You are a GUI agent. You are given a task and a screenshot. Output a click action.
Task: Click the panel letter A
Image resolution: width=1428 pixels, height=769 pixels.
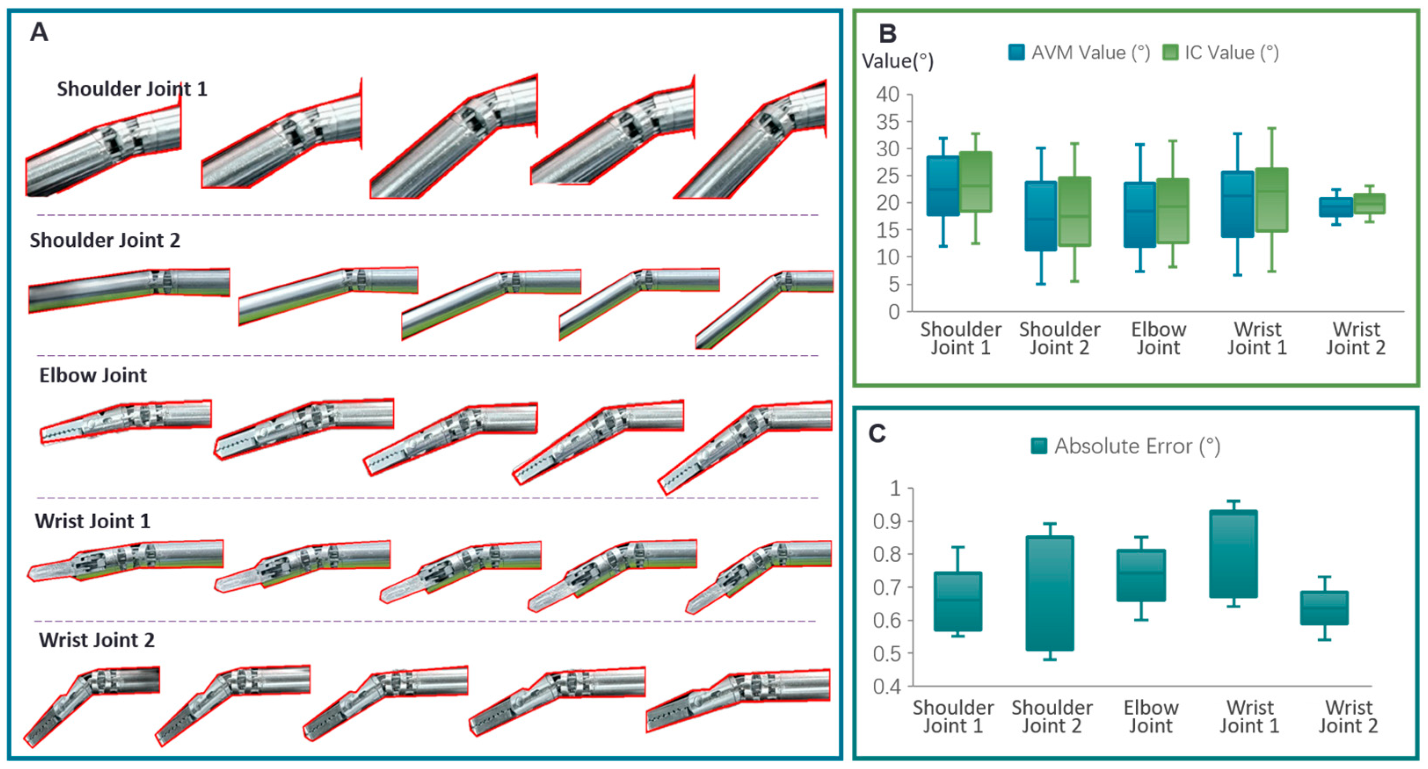[39, 32]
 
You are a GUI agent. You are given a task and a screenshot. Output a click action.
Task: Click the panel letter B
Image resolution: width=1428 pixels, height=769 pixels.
[887, 34]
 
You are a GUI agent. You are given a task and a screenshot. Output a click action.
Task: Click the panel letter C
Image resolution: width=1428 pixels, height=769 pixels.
[877, 433]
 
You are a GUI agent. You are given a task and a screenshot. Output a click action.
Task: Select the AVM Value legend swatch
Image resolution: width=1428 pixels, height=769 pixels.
[1016, 53]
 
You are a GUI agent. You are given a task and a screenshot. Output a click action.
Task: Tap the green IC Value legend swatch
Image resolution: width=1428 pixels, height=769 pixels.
[1170, 53]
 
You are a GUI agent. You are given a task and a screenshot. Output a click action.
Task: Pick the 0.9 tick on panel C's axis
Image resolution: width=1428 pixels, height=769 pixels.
[887, 521]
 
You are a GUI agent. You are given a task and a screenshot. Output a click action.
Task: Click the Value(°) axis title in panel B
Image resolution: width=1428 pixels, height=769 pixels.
[897, 61]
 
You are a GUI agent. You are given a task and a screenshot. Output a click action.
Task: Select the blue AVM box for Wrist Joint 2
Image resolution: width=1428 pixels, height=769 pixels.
[1335, 207]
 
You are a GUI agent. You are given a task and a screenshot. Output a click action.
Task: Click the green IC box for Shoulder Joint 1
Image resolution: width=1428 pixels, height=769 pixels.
[975, 182]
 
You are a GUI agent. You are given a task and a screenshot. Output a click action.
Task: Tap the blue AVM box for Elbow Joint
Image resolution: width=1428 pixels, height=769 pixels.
[1140, 214]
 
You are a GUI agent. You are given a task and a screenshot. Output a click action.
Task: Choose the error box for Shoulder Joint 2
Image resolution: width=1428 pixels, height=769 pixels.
[1050, 593]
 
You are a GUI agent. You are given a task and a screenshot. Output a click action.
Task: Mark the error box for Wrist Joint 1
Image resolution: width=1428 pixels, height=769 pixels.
[1233, 554]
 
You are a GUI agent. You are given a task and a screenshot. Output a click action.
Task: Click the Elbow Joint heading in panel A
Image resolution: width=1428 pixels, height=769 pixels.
[93, 375]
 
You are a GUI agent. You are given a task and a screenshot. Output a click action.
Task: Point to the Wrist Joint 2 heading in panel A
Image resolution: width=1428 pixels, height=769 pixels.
[96, 640]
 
